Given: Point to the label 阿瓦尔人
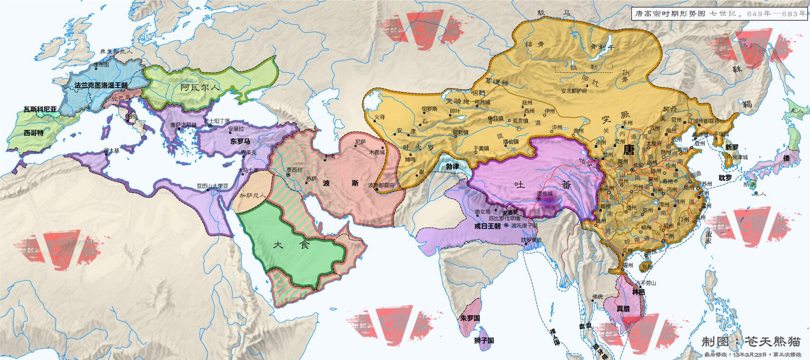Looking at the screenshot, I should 200,87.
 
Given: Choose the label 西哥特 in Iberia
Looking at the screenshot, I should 33,133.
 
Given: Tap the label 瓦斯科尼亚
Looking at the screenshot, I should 40,109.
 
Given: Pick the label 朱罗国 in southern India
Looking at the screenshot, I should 470,317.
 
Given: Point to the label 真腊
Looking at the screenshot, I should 623,309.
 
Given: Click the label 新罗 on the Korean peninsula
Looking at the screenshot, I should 731,148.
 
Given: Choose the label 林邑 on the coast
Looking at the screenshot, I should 638,290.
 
